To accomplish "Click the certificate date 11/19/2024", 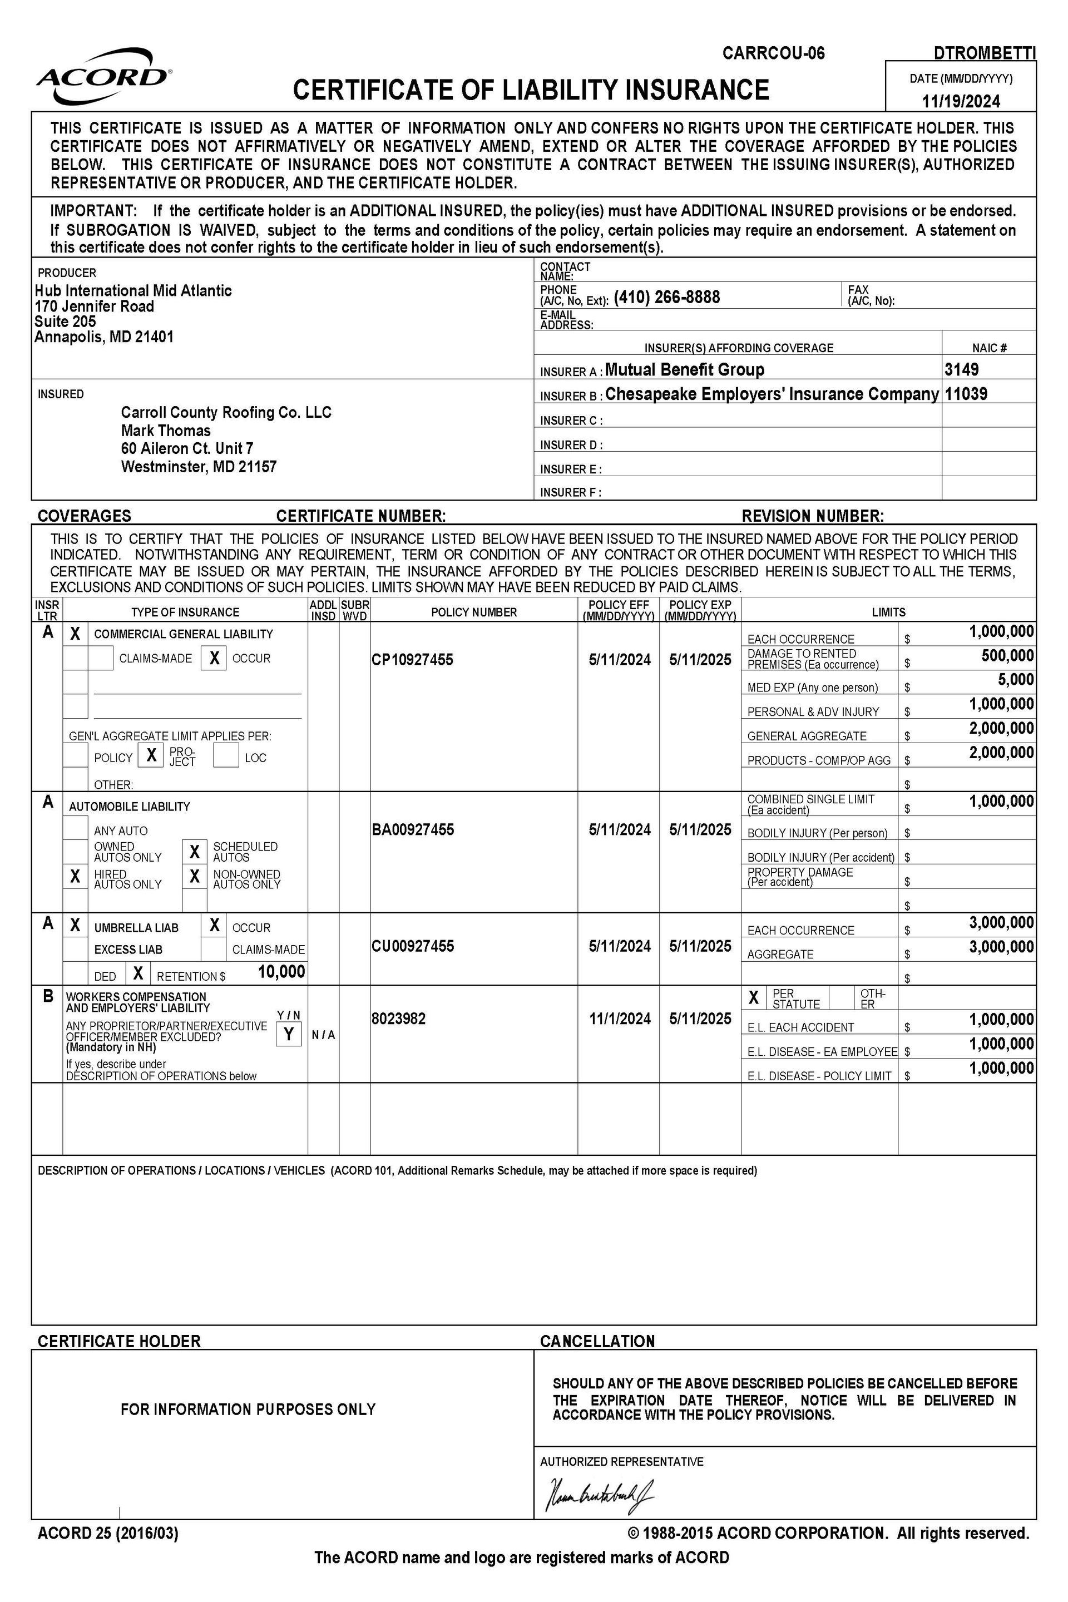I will [x=961, y=101].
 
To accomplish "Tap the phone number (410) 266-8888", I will [x=666, y=297].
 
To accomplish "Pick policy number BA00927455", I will [x=412, y=829].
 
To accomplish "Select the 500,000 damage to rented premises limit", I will [x=1007, y=656].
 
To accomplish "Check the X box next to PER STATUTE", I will [x=753, y=998].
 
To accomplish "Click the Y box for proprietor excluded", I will [x=289, y=1034].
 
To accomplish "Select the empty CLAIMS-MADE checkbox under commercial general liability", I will [x=101, y=658].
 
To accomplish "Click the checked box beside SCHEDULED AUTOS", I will [x=194, y=852].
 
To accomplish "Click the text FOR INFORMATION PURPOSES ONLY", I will [x=248, y=1408].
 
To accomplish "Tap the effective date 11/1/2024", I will [x=619, y=1018].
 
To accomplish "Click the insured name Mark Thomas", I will [x=166, y=431].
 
